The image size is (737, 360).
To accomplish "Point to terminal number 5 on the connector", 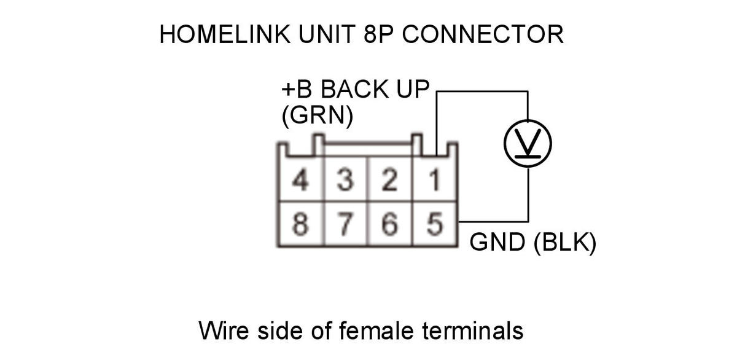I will click(435, 225).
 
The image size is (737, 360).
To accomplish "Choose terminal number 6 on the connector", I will click(389, 225).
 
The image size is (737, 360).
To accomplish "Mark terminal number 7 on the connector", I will click(345, 225).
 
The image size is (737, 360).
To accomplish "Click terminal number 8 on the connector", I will click(300, 225).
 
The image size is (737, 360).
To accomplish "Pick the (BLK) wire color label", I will click(564, 243).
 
